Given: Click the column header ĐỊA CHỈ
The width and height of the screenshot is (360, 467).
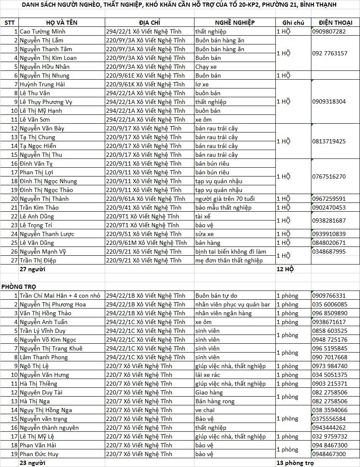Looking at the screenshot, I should coord(150,22).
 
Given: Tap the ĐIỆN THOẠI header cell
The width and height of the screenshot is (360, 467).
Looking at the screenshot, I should coord(335,22).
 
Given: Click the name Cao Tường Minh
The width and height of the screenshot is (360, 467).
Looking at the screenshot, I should coord(43,31).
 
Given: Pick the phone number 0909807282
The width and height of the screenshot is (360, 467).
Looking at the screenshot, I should coord(329,31).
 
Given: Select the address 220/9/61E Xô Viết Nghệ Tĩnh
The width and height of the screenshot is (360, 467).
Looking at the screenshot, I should coord(145,75).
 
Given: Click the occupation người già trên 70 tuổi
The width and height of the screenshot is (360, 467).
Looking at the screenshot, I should coord(225,199).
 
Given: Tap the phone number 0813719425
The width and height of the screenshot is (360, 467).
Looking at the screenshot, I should coord(329,141).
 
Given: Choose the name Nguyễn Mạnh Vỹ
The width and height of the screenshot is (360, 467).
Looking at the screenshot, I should coord(43,252).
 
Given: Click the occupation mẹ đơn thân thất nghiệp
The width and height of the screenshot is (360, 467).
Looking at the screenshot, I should coord(229,260).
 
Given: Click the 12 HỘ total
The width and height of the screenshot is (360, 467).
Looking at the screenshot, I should coord(285,269).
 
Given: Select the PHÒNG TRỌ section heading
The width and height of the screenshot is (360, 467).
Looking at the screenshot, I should coord(18,286).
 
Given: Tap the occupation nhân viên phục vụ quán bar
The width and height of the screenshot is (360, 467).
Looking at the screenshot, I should coord(233,304).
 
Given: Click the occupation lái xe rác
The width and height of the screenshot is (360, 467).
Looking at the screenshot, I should coord(209,375).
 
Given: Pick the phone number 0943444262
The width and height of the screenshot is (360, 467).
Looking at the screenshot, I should coord(329,428).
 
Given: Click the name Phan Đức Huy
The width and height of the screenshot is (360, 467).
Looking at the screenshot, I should coord(39,454).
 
